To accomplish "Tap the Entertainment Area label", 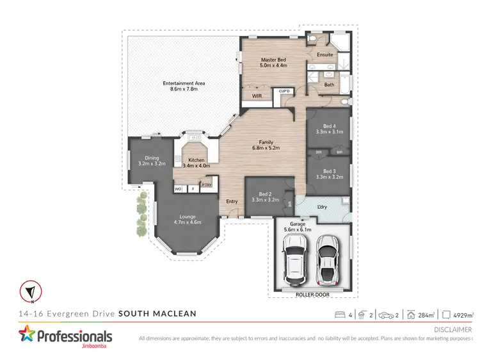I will [183, 86].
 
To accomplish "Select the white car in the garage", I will [296, 262].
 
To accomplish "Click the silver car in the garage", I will [327, 259].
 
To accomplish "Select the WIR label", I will [257, 96].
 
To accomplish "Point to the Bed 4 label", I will [330, 129].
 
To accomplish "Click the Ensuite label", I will [325, 54].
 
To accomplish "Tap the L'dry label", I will [323, 207].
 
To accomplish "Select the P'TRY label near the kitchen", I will [207, 185].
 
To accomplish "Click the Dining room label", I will [152, 161].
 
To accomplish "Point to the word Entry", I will [232, 202].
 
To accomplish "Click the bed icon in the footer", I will [339, 315].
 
